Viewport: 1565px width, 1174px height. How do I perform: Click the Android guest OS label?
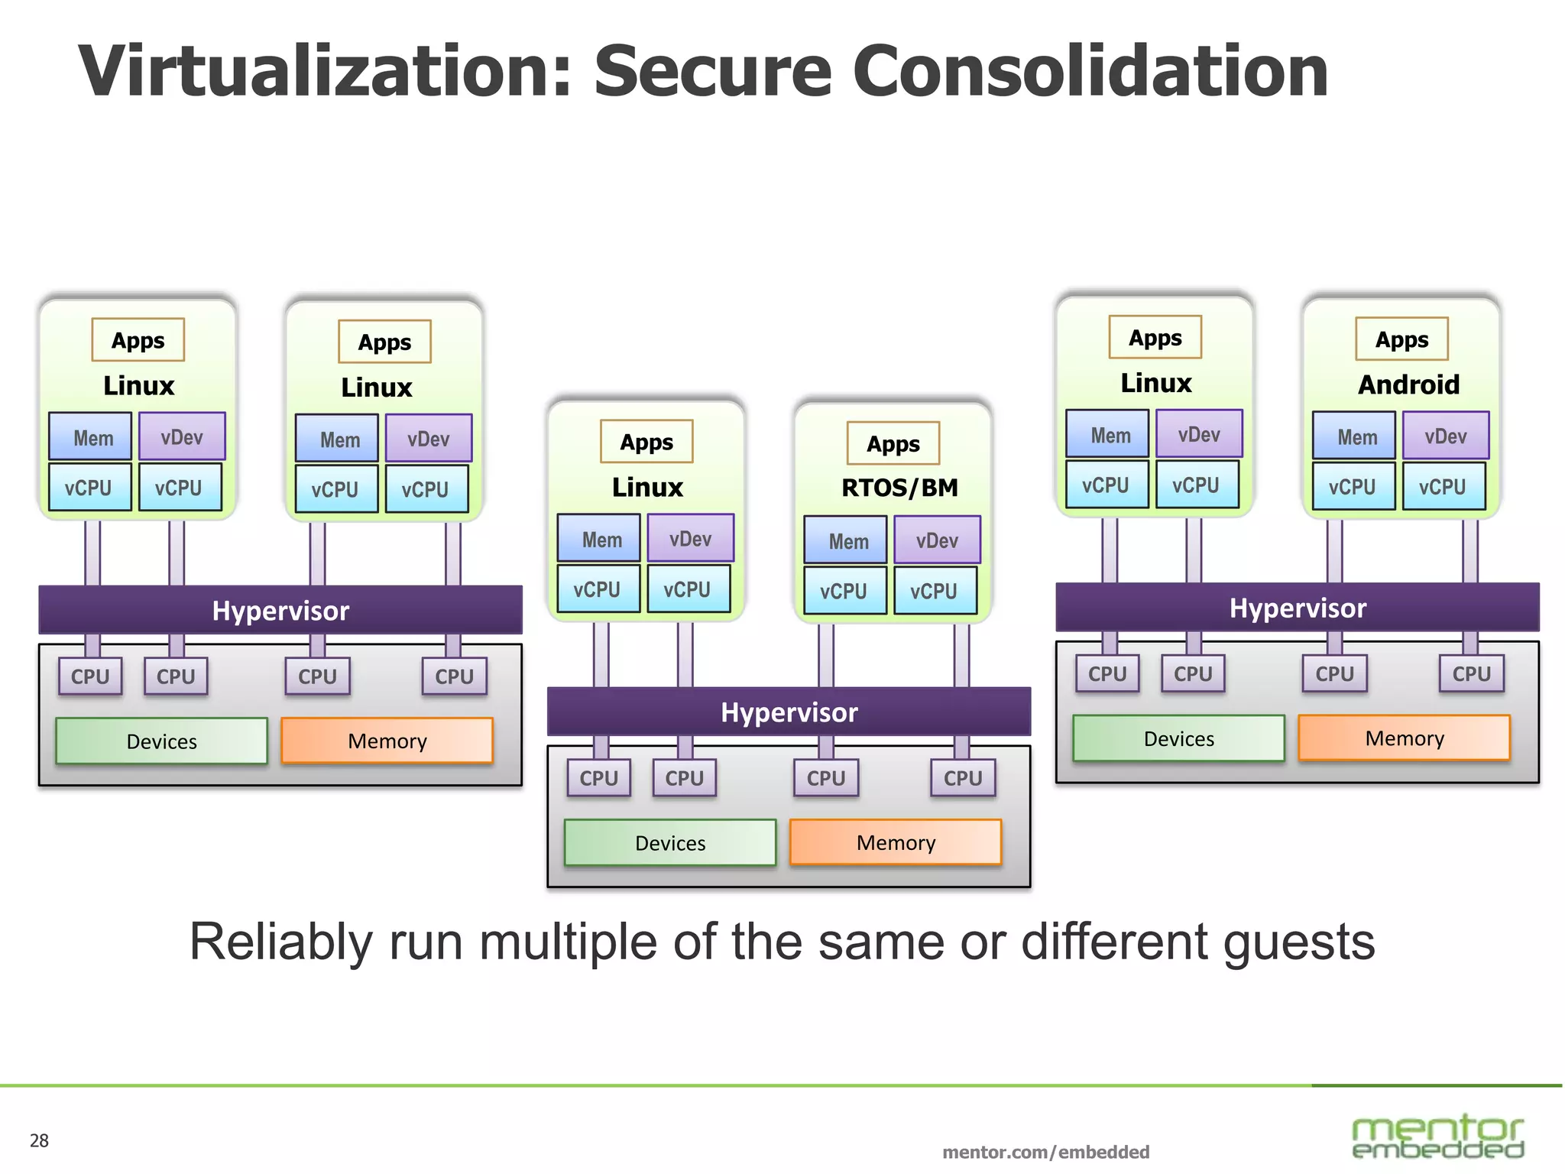(x=1408, y=384)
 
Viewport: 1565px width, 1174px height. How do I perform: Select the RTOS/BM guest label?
(x=899, y=488)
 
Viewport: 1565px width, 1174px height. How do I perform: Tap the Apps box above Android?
(x=1401, y=339)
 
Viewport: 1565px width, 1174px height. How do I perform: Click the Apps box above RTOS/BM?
(x=893, y=444)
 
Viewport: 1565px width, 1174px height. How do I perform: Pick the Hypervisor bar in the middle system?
(x=789, y=712)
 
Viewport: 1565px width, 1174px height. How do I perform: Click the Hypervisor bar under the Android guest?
(x=1298, y=608)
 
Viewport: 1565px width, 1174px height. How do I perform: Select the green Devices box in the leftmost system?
(x=161, y=741)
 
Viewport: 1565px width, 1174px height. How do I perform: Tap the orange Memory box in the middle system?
(x=896, y=842)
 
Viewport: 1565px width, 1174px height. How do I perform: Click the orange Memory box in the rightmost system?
(x=1404, y=738)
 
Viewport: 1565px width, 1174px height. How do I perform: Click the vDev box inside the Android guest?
(x=1446, y=436)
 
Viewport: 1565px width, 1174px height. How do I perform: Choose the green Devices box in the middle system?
(x=670, y=842)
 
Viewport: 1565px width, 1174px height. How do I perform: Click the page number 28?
(x=39, y=1141)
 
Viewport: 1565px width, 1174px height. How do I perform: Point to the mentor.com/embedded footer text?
(x=1045, y=1152)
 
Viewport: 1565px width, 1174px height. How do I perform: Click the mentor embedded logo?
(x=1437, y=1136)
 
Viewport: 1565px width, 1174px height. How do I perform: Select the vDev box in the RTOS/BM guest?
(x=937, y=540)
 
